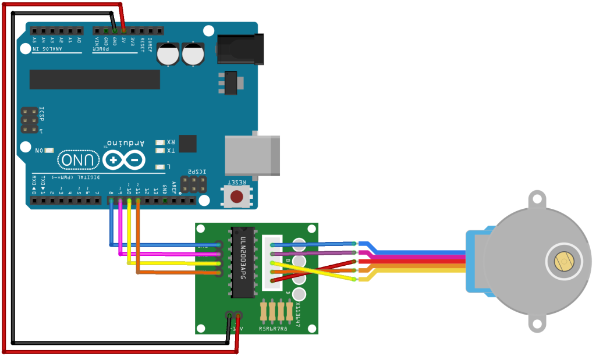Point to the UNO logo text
point(74,159)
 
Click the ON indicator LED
point(49,150)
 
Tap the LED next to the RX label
point(160,142)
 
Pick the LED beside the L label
point(160,167)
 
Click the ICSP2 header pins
point(193,185)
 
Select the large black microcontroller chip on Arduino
point(94,80)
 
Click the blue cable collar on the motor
point(477,261)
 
